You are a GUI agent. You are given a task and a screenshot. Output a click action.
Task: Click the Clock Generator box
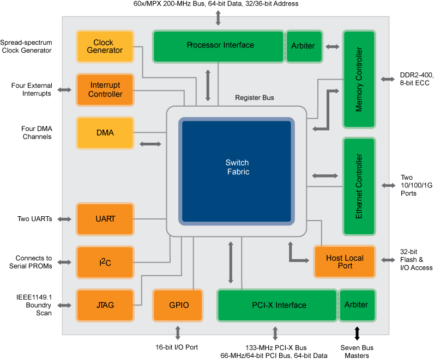pos(105,46)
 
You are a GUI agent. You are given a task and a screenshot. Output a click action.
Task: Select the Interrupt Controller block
pos(105,90)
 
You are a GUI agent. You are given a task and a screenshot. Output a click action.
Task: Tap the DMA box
pos(105,133)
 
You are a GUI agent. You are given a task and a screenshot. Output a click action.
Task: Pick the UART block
pos(105,219)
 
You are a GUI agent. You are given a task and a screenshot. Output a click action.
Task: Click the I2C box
pos(105,263)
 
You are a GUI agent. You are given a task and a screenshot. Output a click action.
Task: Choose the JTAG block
pos(105,306)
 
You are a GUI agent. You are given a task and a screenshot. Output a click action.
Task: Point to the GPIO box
pos(178,306)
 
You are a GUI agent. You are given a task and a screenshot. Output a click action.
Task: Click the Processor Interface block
pos(219,46)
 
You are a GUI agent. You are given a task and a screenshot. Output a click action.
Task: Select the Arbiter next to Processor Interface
pos(303,46)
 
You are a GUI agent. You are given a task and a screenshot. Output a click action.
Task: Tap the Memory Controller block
pos(359,80)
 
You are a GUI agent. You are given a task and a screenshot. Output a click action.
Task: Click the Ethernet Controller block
pos(359,186)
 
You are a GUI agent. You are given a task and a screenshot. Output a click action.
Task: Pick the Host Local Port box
pos(345,262)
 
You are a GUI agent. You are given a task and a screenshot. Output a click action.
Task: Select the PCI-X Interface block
pos(278,306)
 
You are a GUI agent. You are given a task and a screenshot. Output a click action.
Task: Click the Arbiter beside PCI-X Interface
pos(356,305)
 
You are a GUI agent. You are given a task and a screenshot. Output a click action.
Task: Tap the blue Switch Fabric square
pos(237,171)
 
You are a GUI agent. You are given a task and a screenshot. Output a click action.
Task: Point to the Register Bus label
pos(255,98)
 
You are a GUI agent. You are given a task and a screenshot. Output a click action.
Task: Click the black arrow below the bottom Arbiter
pos(357,331)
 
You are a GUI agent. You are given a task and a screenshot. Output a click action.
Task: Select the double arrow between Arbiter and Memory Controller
pos(332,47)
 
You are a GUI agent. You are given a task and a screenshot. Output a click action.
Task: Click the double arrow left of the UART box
pos(64,219)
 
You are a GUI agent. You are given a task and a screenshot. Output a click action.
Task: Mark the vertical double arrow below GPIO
pos(178,333)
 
